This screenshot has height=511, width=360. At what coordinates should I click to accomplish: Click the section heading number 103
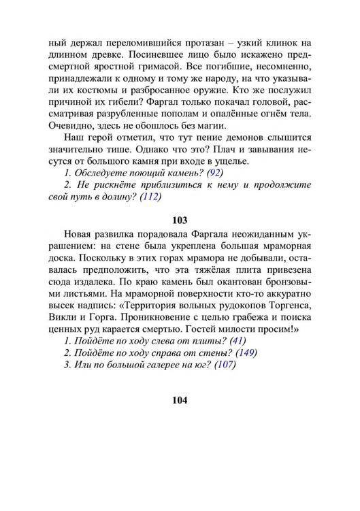tap(180, 220)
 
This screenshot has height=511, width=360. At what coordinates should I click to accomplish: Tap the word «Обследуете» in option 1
tap(103, 173)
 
